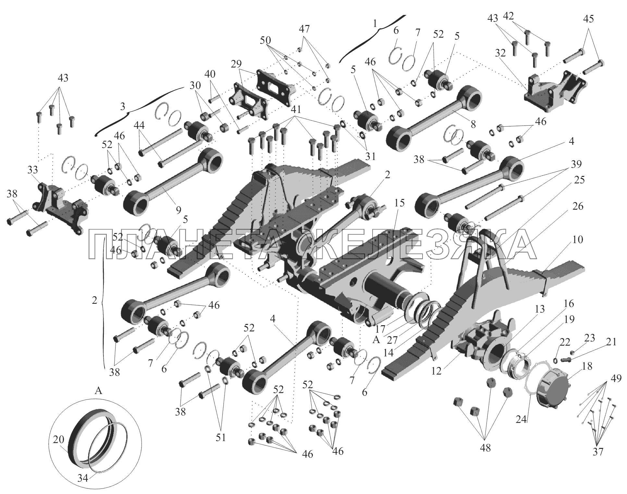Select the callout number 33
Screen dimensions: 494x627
pos(32,170)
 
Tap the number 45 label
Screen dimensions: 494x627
pos(588,19)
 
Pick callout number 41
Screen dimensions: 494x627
pos(295,110)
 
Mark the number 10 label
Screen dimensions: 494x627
pos(578,240)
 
